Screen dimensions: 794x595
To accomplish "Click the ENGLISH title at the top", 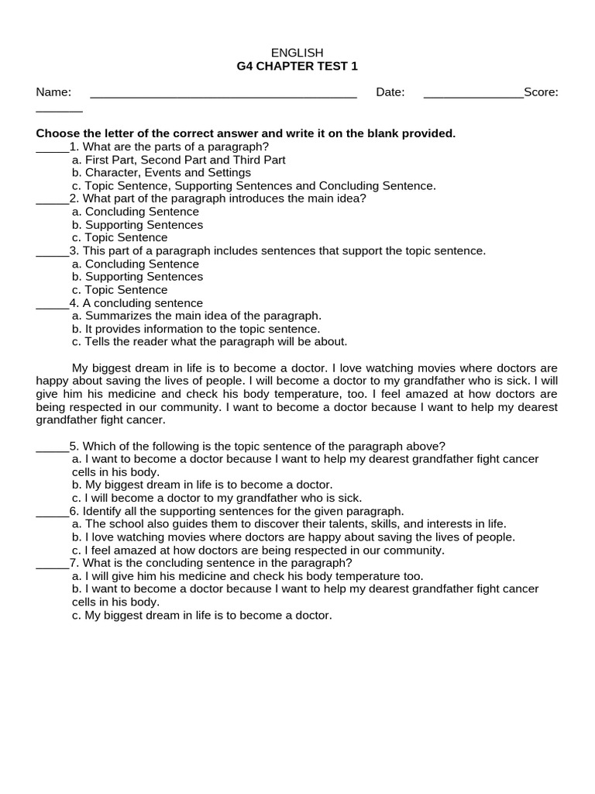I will tap(297, 52).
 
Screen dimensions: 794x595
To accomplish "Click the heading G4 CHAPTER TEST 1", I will tap(297, 66).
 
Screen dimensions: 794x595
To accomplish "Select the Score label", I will tap(541, 92).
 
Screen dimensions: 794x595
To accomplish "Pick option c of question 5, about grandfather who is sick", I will tap(217, 498).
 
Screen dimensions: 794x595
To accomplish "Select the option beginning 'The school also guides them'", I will tap(288, 523).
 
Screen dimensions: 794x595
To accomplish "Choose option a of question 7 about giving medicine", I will tap(247, 575).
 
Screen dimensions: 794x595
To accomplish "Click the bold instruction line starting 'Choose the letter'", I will tap(246, 133).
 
